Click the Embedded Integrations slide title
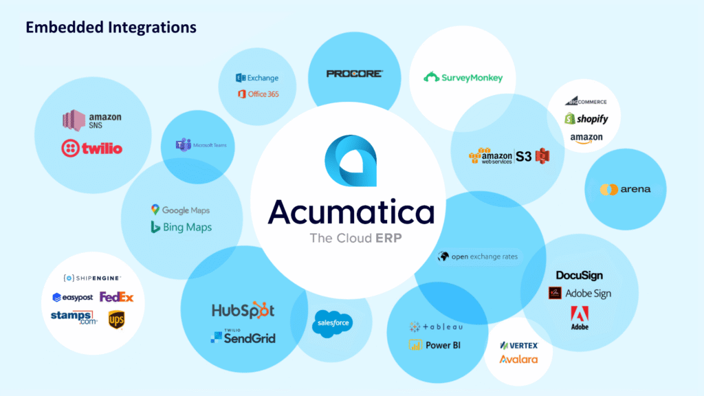[x=111, y=27]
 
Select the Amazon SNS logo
[x=92, y=121]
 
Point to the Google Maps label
[x=180, y=210]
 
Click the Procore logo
[x=355, y=74]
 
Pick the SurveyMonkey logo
[x=463, y=78]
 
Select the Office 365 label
[x=258, y=94]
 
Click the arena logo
[x=624, y=189]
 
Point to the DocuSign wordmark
[x=579, y=276]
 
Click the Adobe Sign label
[x=579, y=294]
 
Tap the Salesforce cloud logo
[x=332, y=322]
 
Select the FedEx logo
[x=116, y=297]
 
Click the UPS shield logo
[x=116, y=318]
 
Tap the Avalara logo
[x=518, y=360]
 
